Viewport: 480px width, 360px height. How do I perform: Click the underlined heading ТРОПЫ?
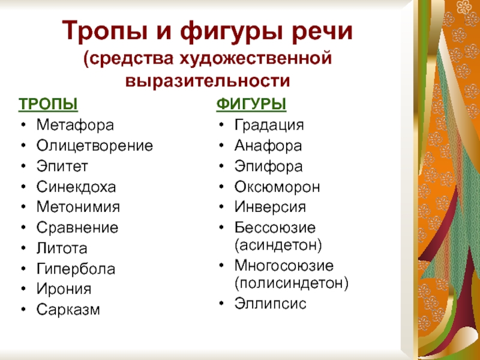(x=48, y=104)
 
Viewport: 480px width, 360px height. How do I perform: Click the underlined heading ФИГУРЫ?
(x=251, y=104)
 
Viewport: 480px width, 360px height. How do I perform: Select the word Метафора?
(x=76, y=125)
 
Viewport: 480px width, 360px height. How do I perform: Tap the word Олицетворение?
(x=95, y=146)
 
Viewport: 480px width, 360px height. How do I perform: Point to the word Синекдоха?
(x=76, y=187)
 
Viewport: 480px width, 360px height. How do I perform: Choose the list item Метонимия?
(x=78, y=207)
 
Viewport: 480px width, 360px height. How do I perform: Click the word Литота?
(x=62, y=248)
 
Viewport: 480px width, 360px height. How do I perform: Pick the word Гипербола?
(x=76, y=269)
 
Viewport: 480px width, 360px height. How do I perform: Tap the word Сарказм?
(x=68, y=310)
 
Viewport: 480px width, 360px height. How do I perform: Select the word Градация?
(x=269, y=125)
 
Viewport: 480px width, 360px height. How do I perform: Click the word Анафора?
(x=268, y=146)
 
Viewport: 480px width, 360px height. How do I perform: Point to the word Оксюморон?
(x=277, y=187)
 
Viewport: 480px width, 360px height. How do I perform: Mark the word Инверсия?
(x=271, y=207)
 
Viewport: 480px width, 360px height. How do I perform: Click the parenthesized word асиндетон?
(x=278, y=245)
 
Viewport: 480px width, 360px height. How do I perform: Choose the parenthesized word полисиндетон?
(x=292, y=283)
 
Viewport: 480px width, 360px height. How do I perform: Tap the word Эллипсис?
(x=271, y=304)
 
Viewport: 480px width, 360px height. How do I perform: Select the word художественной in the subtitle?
(x=256, y=58)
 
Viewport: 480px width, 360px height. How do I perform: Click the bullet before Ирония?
(x=23, y=289)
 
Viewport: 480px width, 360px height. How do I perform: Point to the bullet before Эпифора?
(x=221, y=166)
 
